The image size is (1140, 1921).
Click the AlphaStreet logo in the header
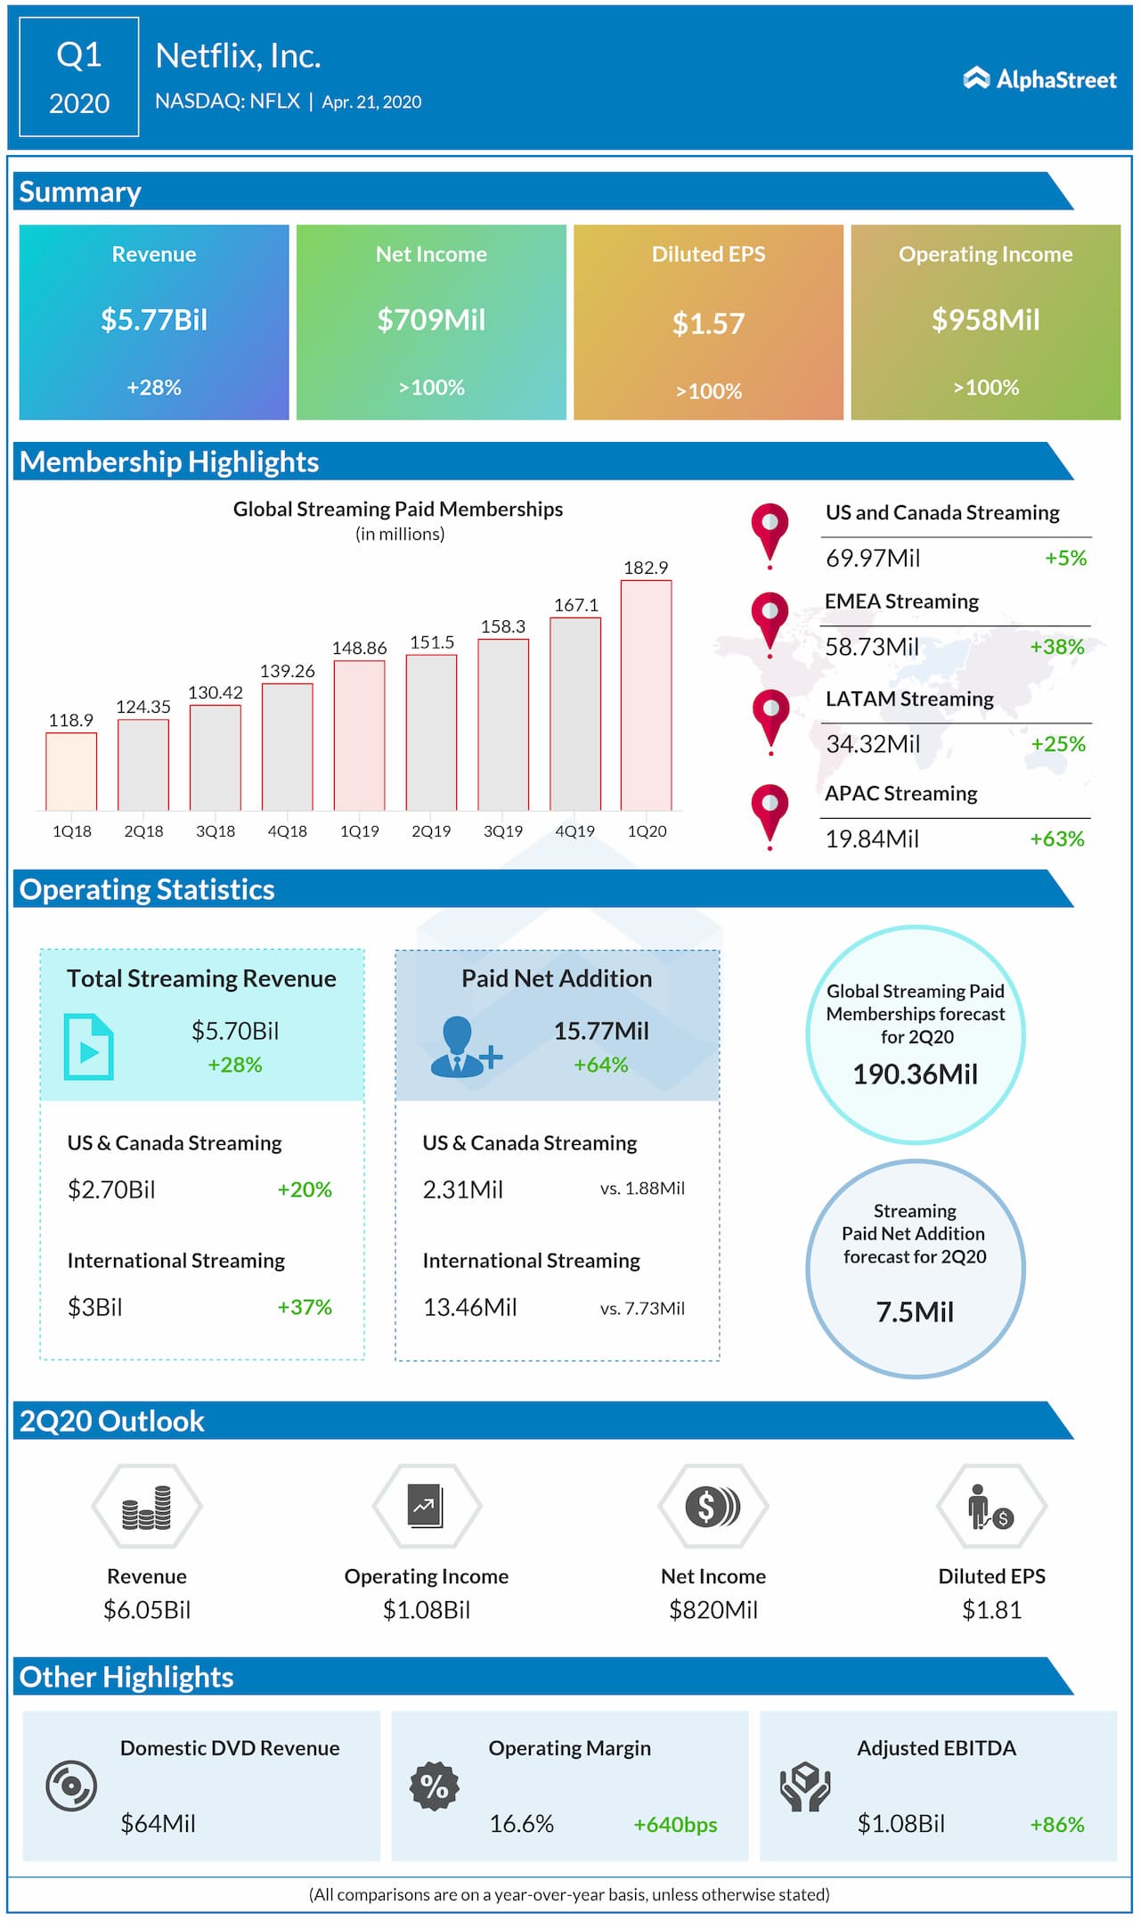1039,79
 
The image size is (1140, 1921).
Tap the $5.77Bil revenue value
154,320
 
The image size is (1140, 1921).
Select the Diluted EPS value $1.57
708,323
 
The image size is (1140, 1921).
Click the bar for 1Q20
646,695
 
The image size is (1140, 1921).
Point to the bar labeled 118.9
71,771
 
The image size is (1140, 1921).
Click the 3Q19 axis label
503,831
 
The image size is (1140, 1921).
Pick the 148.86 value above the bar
359,648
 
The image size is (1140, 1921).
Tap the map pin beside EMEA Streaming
769,619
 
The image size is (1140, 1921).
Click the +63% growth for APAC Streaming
1057,838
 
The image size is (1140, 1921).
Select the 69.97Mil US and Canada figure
873,558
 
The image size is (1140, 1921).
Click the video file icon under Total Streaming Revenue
89,1047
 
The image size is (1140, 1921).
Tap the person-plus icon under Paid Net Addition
463,1047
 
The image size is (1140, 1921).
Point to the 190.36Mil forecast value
916,1075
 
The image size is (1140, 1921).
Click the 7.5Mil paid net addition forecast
916,1312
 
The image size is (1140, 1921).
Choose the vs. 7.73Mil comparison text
642,1308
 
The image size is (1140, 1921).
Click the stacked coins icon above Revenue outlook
147,1507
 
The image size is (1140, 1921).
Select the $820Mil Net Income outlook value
713,1610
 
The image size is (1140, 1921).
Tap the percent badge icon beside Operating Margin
434,1786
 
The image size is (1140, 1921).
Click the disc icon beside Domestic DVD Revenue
71,1786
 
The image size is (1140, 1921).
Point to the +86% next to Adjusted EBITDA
1057,1824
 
